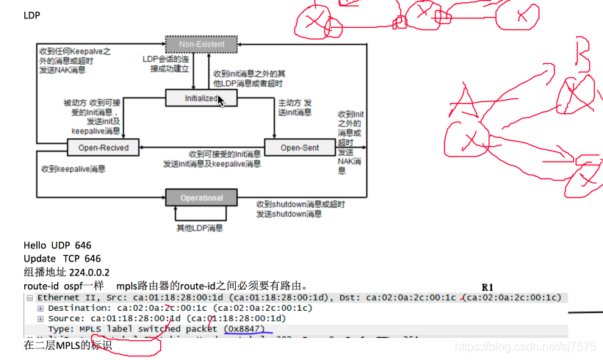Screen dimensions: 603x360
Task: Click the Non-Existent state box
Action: coord(201,45)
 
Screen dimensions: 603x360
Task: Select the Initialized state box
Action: coord(201,98)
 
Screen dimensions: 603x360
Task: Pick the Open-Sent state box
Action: coord(300,148)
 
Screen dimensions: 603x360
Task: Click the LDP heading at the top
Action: coord(32,15)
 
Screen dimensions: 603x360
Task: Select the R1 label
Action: coord(488,286)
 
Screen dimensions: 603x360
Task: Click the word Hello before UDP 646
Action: coord(35,245)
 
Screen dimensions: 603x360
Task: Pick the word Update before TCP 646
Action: coord(39,259)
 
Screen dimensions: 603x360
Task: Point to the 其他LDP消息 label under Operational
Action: coord(200,228)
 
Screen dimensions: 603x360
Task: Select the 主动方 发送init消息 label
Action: coord(295,107)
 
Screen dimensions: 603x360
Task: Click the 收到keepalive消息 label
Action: coord(73,169)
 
